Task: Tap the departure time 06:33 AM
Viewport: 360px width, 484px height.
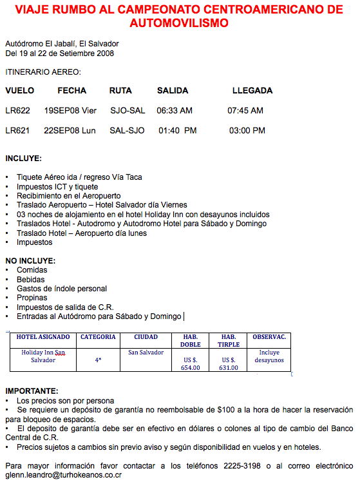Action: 175,111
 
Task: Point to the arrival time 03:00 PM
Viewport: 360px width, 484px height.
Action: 247,131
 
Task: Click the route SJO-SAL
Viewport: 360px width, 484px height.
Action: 128,111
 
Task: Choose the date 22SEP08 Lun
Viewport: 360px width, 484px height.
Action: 70,131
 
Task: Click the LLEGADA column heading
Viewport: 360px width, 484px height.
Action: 252,91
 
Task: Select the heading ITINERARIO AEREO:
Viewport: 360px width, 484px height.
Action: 43,72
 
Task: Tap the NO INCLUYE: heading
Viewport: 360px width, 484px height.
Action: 30,261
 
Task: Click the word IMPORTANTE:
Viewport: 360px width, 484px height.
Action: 31,391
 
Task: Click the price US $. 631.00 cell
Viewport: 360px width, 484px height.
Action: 229,364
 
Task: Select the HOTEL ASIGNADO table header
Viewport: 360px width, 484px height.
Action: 43,337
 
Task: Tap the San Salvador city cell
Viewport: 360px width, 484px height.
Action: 146,353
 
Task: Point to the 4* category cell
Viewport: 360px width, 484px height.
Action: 98,360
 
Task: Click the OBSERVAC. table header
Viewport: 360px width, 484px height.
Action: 269,337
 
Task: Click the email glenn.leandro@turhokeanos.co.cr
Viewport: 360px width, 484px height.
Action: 64,475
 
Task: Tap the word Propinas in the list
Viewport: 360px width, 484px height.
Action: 32,298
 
